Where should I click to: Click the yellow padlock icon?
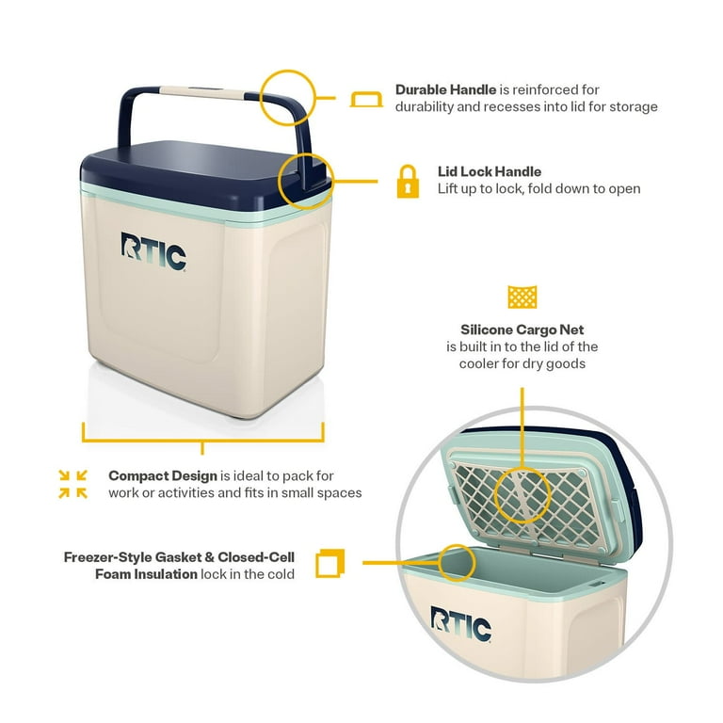click(x=408, y=181)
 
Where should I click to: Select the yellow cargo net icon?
click(x=522, y=297)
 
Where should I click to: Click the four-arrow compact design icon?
click(x=72, y=484)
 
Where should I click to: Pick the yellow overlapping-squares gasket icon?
click(x=330, y=563)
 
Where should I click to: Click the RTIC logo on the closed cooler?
click(x=153, y=251)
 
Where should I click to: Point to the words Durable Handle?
click(x=445, y=89)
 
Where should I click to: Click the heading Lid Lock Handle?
click(x=490, y=171)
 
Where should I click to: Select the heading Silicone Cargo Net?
click(x=522, y=329)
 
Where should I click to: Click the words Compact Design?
click(x=163, y=475)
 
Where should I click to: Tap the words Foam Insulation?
click(x=146, y=574)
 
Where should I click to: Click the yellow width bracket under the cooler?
click(x=203, y=441)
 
